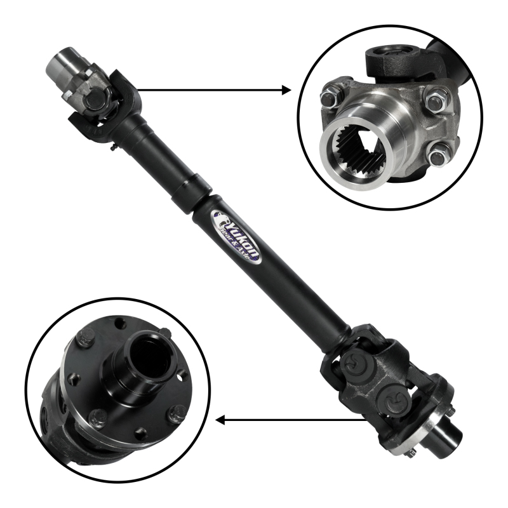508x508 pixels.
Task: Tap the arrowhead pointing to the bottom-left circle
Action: click(x=221, y=420)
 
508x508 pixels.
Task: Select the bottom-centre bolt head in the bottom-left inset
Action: click(x=98, y=418)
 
